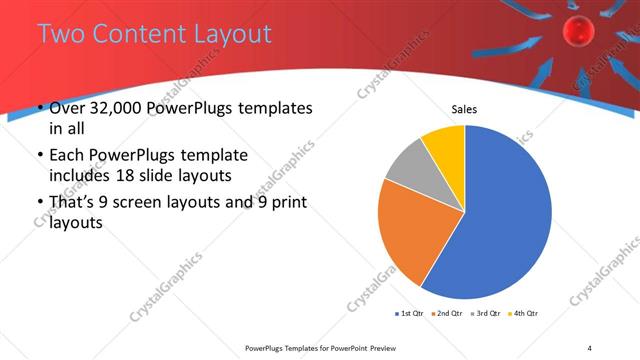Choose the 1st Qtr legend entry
point(409,314)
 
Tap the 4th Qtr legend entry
point(525,314)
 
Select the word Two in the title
point(62,33)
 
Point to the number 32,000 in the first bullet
point(121,108)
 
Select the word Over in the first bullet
point(68,108)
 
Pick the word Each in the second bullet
point(69,155)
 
